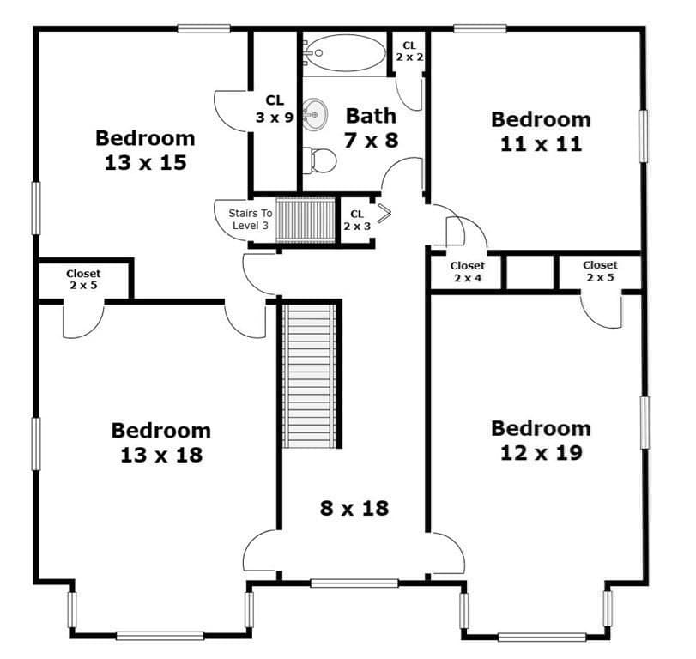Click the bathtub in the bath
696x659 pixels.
point(345,53)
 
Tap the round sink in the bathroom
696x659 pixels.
point(315,114)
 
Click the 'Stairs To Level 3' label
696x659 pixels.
point(251,219)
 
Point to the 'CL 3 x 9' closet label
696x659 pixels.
point(275,109)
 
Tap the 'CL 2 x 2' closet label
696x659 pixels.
point(409,51)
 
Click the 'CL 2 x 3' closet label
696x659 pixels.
point(357,221)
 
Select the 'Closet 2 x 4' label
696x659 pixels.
point(468,272)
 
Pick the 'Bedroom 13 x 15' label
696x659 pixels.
point(146,150)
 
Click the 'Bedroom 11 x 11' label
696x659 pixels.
point(541,132)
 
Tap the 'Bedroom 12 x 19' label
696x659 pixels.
point(541,441)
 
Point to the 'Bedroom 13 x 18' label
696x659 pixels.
point(161,443)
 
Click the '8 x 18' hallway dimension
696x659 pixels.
point(354,508)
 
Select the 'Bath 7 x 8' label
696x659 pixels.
point(371,128)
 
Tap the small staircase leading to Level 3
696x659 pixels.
point(306,221)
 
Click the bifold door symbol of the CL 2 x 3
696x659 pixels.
point(384,213)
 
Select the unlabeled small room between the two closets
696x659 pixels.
point(530,272)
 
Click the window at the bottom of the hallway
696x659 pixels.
point(354,583)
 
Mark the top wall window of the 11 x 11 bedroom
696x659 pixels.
point(480,29)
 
